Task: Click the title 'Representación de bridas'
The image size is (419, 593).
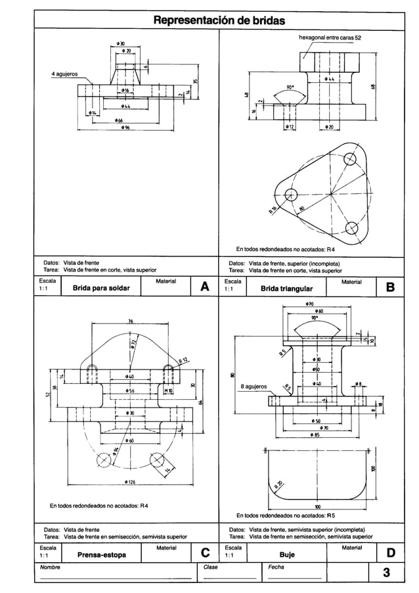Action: tap(219, 21)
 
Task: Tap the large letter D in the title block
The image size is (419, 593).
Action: tap(391, 554)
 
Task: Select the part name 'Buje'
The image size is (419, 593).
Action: tap(287, 556)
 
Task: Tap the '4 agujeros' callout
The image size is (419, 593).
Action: tap(65, 74)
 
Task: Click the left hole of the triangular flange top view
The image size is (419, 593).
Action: tap(292, 194)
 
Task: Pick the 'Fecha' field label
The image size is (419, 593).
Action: tap(276, 567)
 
